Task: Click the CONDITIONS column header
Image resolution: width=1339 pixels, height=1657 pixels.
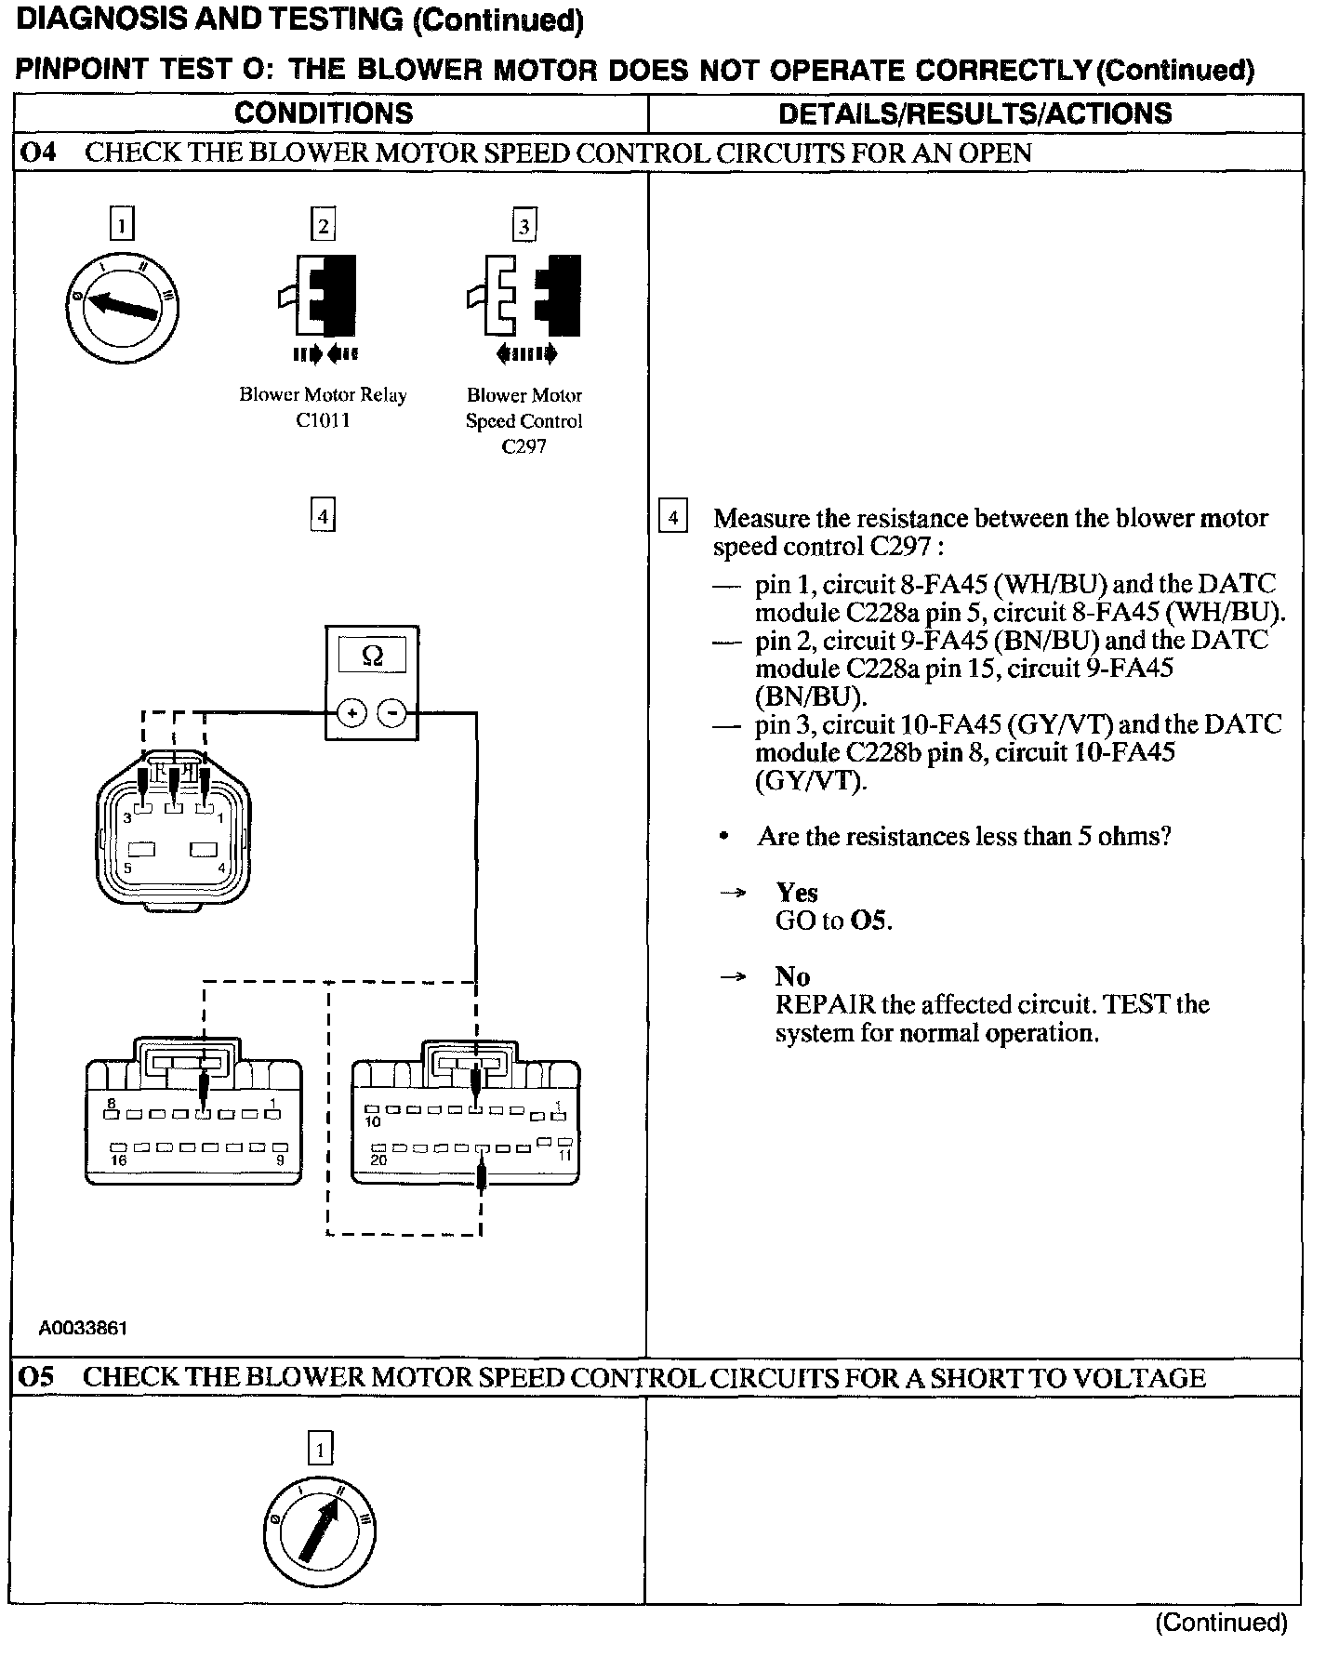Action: coord(324,113)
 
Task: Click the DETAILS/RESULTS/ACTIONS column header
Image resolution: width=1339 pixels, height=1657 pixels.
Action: coord(974,113)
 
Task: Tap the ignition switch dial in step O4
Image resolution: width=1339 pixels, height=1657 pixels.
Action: coord(123,306)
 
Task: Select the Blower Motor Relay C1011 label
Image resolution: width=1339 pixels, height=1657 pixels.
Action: coord(323,407)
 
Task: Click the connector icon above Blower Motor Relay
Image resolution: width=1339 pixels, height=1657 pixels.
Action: coord(324,295)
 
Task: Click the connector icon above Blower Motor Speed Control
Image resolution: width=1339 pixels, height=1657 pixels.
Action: coord(524,295)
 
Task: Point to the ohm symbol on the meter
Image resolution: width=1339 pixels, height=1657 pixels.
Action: coord(371,656)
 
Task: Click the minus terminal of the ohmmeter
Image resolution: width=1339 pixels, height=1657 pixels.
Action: coord(392,713)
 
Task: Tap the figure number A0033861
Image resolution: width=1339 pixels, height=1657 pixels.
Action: coord(83,1328)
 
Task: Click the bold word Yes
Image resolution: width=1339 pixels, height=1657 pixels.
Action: coord(797,893)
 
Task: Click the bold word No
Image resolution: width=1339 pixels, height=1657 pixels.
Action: coord(792,976)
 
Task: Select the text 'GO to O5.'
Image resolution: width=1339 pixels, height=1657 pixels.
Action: coord(833,921)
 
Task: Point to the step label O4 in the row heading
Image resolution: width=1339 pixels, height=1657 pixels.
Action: coord(38,152)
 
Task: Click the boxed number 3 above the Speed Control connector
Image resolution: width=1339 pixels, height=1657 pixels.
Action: coord(524,226)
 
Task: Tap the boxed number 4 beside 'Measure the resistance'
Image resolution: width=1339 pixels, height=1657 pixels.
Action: coord(672,517)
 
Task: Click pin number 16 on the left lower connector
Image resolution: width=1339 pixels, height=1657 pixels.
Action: coord(119,1160)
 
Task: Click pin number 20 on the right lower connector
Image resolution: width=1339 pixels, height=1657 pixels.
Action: coord(379,1160)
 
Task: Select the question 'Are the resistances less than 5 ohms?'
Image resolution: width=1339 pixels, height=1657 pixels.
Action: coord(963,837)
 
